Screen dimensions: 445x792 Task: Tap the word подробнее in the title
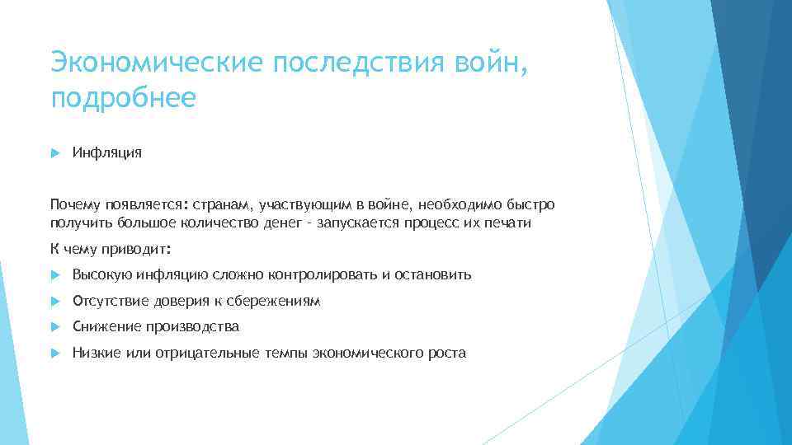123,99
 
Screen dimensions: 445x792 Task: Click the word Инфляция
106,152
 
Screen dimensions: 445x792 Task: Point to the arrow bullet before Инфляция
54,152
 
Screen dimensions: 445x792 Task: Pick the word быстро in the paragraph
533,204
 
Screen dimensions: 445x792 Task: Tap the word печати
509,223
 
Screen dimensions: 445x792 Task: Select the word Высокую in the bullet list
98,274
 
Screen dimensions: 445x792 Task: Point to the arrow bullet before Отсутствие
54,301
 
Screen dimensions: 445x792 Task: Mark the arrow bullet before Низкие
54,353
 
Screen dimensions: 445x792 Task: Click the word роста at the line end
446,353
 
